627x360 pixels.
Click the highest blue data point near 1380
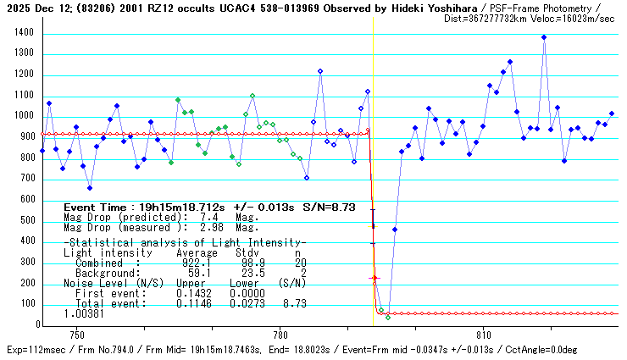tap(544, 37)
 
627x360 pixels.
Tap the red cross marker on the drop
tap(375, 278)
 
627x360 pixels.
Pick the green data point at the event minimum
tap(388, 317)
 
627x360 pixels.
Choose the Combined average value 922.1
tap(184, 263)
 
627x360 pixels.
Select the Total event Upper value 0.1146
tap(191, 303)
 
